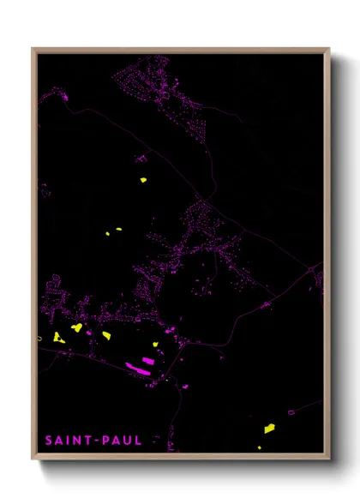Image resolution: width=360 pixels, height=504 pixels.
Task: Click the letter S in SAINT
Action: pyautogui.click(x=48, y=441)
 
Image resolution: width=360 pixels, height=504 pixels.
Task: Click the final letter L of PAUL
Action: pyautogui.click(x=138, y=441)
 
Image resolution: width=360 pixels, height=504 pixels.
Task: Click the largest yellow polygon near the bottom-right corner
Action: pyautogui.click(x=269, y=428)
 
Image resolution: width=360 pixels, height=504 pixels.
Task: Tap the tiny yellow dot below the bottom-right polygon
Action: pyautogui.click(x=260, y=447)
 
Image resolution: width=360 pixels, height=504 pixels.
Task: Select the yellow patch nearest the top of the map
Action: pyautogui.click(x=143, y=180)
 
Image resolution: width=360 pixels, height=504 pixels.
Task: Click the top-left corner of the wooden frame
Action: pyautogui.click(x=33, y=49)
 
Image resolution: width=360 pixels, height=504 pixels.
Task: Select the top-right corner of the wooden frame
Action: pyautogui.click(x=329, y=49)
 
